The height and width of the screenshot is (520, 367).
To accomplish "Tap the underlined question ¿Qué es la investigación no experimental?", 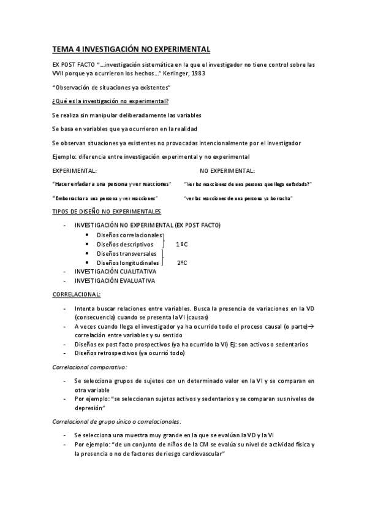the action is pos(111,101).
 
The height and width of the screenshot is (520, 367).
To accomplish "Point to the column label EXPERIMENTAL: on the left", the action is pos(75,170).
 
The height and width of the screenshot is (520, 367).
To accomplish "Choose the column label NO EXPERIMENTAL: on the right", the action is pos(227,170).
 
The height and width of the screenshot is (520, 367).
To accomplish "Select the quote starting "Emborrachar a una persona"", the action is pos(105,198).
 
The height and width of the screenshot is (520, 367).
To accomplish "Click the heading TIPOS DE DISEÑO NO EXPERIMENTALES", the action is pos(107,212).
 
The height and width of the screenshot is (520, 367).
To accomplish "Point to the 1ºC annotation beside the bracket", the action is pos(182,244).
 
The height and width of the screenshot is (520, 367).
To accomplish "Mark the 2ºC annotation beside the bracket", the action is pos(182,262).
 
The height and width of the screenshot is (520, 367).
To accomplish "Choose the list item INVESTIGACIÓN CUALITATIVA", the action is pos(115,271).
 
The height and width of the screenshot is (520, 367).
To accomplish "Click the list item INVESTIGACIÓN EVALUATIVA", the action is pos(115,280).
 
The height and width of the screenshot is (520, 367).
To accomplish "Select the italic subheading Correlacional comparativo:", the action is pos(90,367).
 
